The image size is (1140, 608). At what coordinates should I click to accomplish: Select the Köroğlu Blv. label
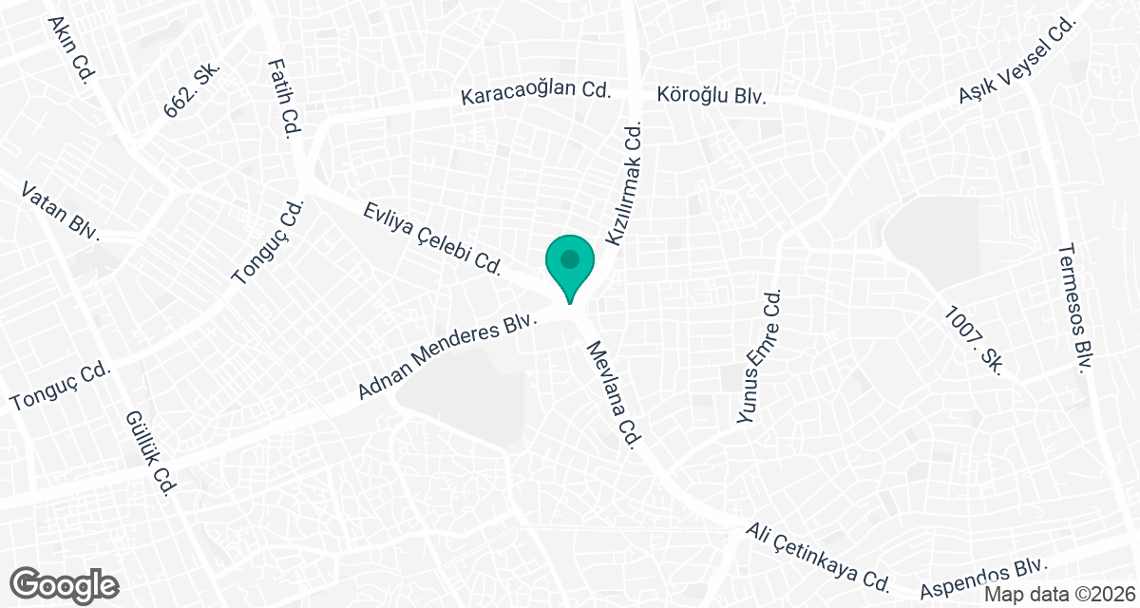point(712,96)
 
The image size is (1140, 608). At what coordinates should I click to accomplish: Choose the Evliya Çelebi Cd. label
point(432,237)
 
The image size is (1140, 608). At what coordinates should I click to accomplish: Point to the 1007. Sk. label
point(974,338)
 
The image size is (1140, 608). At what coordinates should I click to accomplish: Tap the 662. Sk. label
point(193,91)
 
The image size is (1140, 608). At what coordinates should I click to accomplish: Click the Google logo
point(66,584)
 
